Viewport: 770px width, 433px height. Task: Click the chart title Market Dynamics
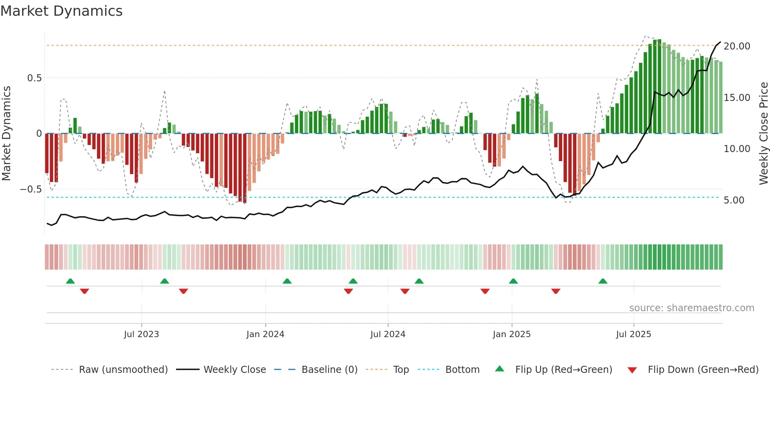point(62,11)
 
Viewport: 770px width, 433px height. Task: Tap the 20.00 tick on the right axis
point(737,46)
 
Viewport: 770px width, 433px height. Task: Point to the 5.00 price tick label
point(734,200)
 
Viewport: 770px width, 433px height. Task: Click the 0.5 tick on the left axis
point(34,78)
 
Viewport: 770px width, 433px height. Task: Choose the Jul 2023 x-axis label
point(141,334)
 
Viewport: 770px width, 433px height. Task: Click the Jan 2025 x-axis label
point(511,334)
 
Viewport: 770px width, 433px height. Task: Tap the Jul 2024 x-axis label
point(388,334)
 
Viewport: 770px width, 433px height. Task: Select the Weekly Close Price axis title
point(763,134)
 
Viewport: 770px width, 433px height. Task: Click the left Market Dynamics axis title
point(6,134)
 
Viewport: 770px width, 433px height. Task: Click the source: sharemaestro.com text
point(691,308)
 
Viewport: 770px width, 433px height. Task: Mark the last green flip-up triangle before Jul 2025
point(603,281)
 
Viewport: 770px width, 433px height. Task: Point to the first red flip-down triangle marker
point(84,291)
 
